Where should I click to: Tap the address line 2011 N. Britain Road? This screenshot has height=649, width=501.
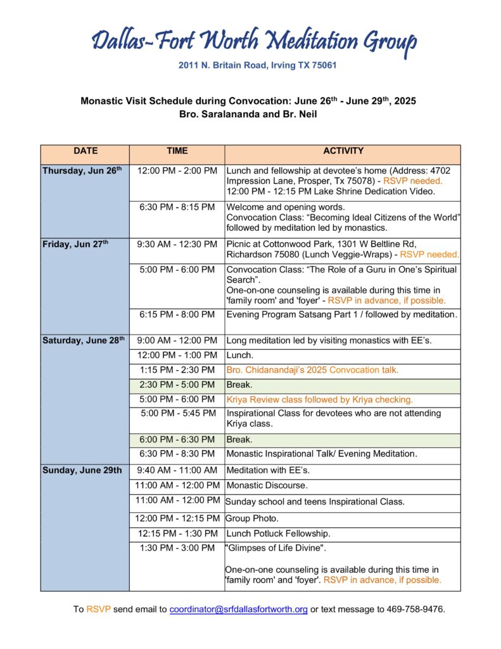click(248, 65)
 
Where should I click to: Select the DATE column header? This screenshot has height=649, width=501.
click(86, 151)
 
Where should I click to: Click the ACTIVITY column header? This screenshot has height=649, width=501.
click(343, 151)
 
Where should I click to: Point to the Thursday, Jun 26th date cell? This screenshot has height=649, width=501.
click(82, 171)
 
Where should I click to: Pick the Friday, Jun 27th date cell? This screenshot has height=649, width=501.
click(75, 245)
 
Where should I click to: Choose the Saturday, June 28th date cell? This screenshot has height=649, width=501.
click(84, 341)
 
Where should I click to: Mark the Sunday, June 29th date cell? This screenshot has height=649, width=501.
click(82, 470)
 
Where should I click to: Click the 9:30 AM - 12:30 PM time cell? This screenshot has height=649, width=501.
click(177, 245)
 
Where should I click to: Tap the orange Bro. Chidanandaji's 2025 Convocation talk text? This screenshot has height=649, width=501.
click(312, 370)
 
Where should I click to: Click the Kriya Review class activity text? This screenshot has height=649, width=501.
click(319, 400)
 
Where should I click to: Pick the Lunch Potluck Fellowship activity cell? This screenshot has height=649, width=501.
click(278, 534)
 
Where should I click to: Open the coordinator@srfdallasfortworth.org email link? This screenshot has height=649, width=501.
click(239, 610)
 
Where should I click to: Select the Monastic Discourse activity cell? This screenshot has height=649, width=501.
click(267, 485)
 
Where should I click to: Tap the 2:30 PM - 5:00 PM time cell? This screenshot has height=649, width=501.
click(177, 385)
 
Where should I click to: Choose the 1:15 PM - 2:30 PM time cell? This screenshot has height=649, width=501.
click(177, 370)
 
